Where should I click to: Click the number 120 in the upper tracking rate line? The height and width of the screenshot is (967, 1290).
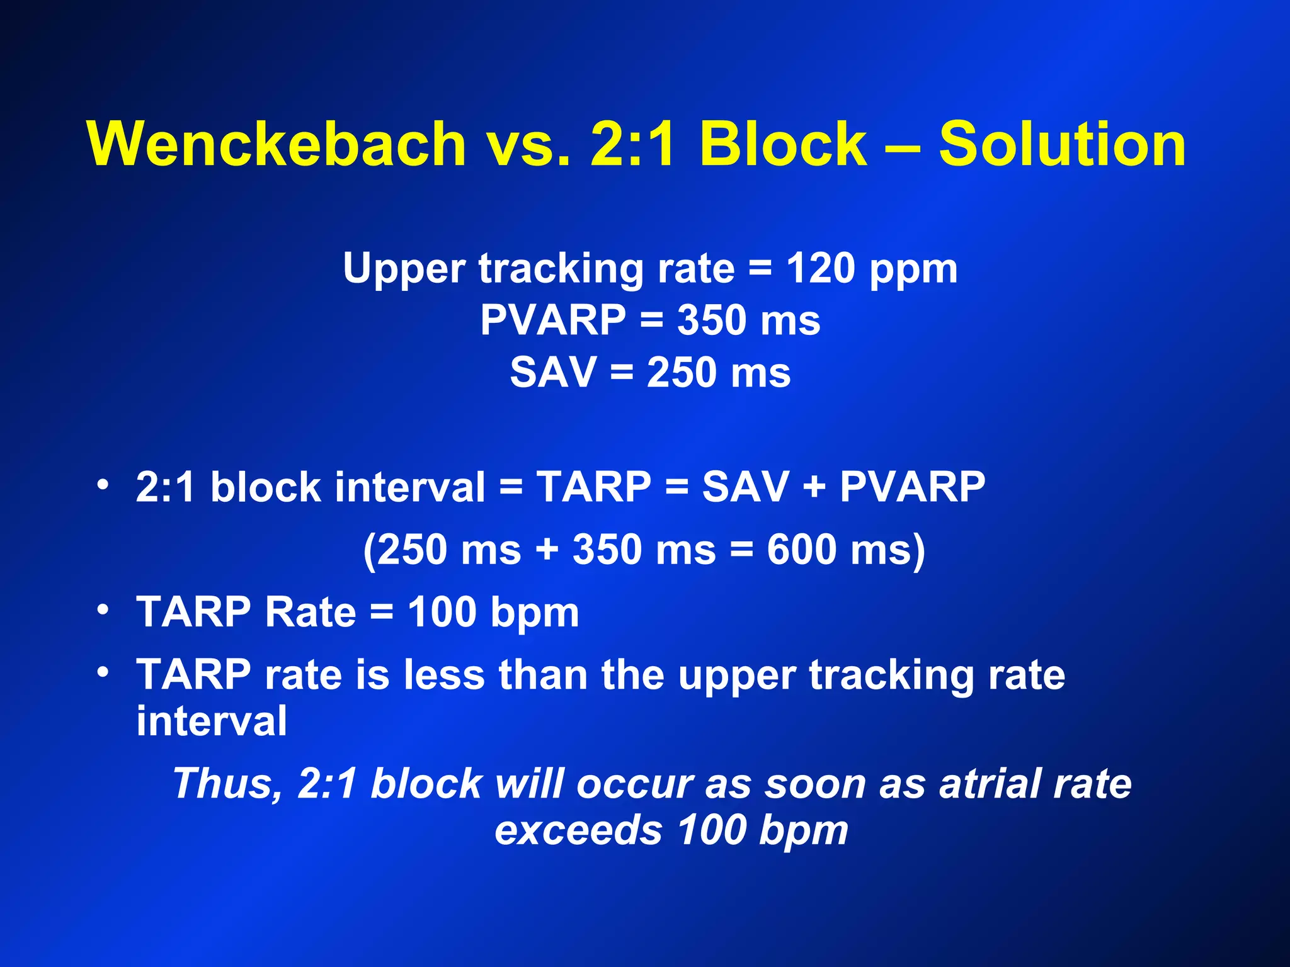click(820, 269)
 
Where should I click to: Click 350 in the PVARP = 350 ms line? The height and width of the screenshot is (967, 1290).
click(712, 320)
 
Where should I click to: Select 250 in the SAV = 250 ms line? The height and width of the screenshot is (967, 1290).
click(682, 372)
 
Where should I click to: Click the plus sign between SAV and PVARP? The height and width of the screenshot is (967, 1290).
click(814, 488)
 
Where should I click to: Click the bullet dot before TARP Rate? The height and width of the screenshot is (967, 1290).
click(103, 609)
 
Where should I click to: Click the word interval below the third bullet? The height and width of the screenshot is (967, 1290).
click(212, 721)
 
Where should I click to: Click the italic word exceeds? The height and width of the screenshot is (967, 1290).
click(578, 830)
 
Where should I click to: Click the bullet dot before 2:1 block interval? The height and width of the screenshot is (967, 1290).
click(103, 485)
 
